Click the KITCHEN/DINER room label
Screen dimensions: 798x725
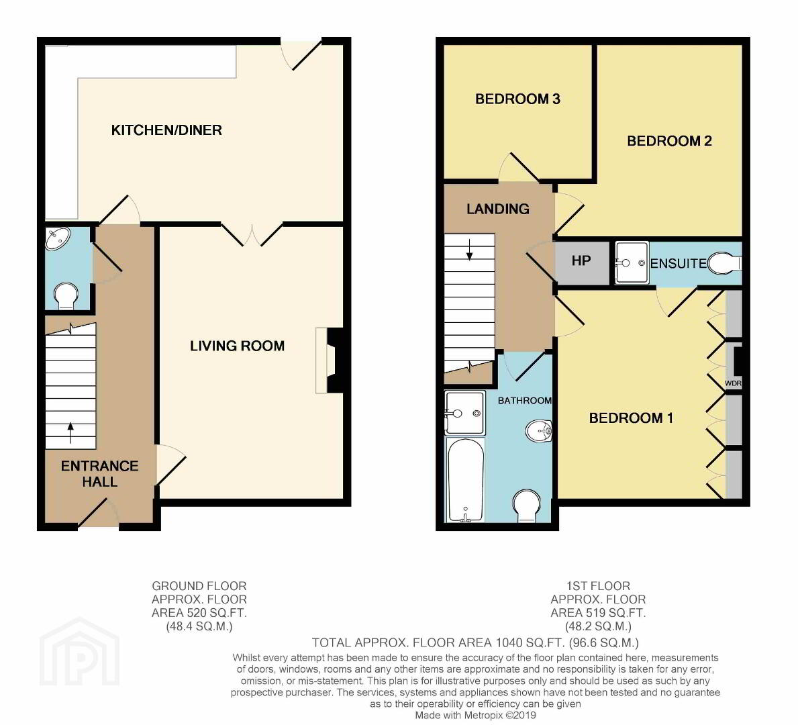pos(166,130)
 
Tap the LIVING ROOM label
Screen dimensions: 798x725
pos(237,346)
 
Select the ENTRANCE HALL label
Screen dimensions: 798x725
pos(100,473)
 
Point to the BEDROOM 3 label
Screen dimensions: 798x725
pos(517,99)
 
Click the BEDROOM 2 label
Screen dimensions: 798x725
pos(669,141)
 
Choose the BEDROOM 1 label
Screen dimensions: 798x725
pos(631,418)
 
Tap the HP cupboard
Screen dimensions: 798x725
pos(581,262)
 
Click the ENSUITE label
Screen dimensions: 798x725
pos(679,264)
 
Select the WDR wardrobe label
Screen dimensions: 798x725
pos(733,383)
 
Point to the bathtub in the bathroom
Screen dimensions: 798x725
pos(465,479)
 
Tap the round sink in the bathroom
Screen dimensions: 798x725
pos(539,431)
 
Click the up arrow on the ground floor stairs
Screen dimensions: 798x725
pos(70,432)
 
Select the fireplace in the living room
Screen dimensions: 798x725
pos(330,361)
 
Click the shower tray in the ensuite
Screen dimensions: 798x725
pos(632,262)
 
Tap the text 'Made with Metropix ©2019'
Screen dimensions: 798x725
pos(475,716)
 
